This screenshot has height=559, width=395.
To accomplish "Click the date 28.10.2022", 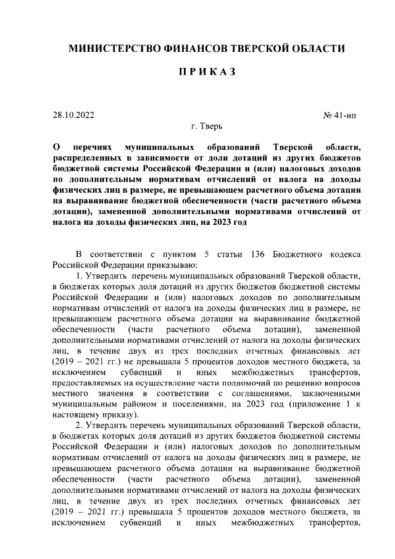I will click(74, 115).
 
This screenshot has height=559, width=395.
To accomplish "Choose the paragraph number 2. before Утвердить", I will click(79, 427).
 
